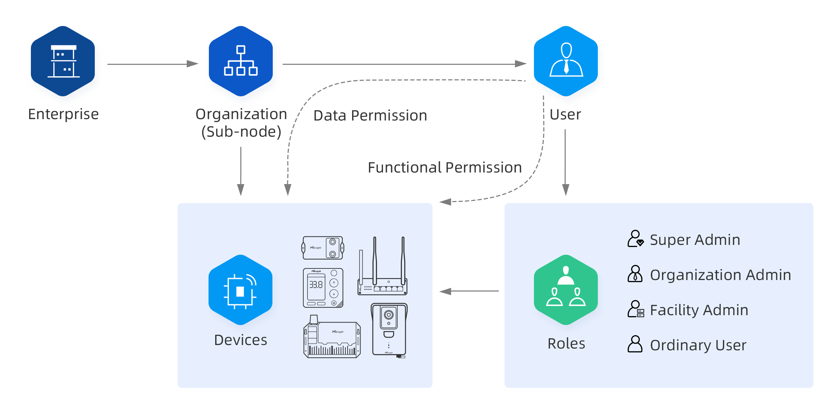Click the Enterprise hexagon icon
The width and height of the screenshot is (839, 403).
coord(63,61)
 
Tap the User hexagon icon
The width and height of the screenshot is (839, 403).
coord(566,61)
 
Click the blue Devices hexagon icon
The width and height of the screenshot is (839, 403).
coord(240,290)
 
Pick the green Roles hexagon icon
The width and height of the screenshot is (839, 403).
coord(566,290)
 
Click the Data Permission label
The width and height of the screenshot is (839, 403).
coord(370,116)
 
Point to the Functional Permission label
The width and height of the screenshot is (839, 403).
coord(444,168)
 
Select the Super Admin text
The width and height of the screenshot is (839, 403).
coord(695,240)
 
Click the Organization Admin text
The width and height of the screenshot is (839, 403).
coord(720,275)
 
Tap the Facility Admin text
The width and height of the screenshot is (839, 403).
coord(699,310)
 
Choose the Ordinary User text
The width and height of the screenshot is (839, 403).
coord(698,345)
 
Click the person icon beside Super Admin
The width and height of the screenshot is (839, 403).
coord(635,239)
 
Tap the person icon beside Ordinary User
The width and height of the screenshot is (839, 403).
coord(635,344)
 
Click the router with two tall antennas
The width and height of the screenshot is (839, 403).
coord(382,267)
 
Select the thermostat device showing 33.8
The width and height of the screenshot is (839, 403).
coord(323,288)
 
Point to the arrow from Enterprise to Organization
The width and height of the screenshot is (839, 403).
coord(153,64)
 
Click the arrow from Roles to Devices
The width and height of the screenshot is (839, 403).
coord(469,291)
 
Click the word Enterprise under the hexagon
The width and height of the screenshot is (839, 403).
coord(64,114)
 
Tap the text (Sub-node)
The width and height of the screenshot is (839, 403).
coord(241,132)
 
